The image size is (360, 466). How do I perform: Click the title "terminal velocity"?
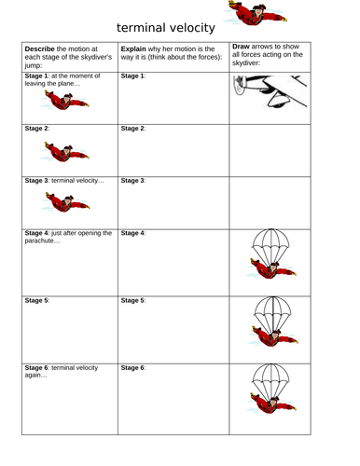click(166, 28)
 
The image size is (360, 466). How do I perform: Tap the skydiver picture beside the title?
click(255, 13)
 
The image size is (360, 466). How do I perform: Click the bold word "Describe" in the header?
click(39, 48)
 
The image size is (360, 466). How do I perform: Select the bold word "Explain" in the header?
click(133, 49)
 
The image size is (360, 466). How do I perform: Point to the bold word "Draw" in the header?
click(241, 47)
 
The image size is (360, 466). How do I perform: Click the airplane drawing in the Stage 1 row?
click(270, 91)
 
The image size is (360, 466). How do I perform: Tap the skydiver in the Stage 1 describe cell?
click(65, 100)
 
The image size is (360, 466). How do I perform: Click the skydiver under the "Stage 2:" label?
click(65, 152)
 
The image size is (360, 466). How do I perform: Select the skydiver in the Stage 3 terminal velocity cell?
click(65, 202)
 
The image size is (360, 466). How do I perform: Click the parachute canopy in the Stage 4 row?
click(270, 247)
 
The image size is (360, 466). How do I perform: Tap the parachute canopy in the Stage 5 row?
click(272, 314)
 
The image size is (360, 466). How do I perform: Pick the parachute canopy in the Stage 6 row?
click(270, 381)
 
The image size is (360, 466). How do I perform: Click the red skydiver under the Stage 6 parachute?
click(271, 404)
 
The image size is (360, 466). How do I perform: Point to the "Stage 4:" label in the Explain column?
click(133, 233)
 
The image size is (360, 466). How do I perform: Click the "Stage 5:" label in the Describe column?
click(37, 300)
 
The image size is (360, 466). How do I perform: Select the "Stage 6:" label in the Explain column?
click(133, 368)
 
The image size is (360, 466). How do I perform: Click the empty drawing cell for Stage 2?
click(270, 151)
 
